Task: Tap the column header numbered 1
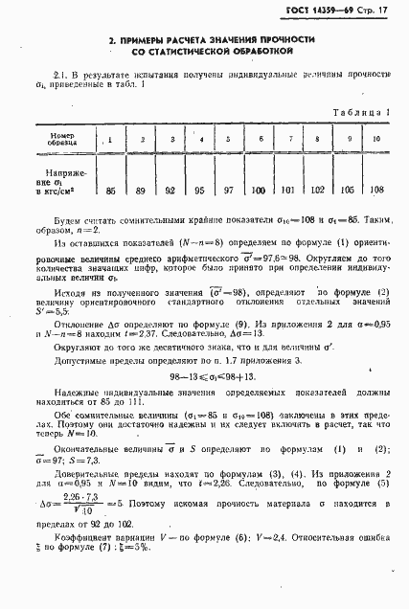[x=111, y=140]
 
